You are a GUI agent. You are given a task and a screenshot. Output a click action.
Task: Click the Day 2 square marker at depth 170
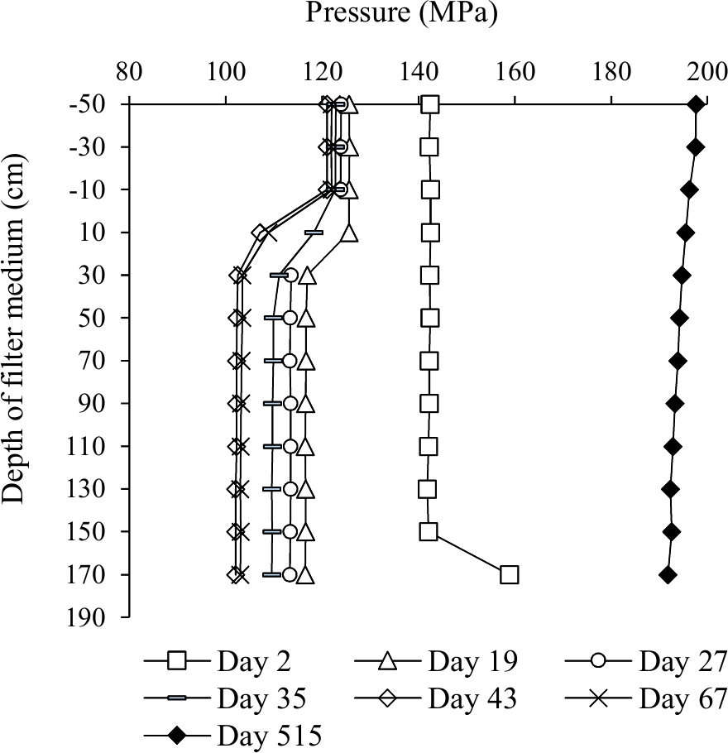click(x=510, y=574)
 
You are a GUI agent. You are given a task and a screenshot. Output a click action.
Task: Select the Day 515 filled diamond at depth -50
click(x=697, y=105)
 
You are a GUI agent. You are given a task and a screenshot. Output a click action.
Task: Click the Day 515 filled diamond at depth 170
click(x=668, y=574)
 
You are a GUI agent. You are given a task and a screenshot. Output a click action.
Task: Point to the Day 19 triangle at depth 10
click(x=349, y=233)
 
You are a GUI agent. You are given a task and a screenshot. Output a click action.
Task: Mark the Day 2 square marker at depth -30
click(x=429, y=147)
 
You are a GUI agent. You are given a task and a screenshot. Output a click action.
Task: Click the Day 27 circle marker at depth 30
click(x=290, y=276)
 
